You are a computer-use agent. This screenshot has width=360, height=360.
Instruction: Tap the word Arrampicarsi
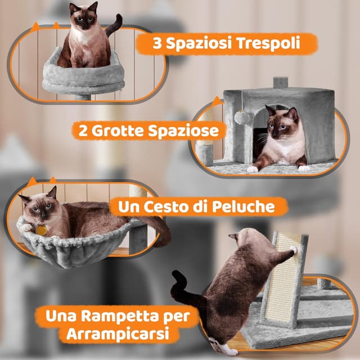click(x=115, y=334)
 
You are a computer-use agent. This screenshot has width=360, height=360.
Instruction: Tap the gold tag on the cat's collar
click(x=40, y=229)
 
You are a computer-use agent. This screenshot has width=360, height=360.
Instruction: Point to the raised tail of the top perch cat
click(x=115, y=24)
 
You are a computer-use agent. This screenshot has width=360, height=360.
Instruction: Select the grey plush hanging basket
click(x=73, y=247)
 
